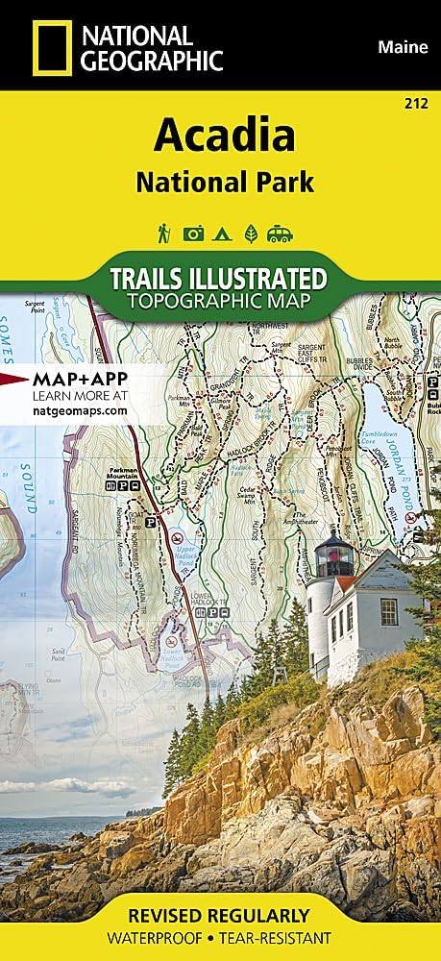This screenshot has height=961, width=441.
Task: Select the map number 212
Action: [x=418, y=102]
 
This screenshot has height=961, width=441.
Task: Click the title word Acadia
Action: [x=224, y=137]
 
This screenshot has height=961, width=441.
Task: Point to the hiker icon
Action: [x=165, y=232]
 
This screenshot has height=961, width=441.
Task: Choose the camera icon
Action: [x=193, y=233]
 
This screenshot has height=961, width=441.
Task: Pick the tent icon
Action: [x=221, y=233]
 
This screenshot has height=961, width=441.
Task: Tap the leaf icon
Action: [x=249, y=233]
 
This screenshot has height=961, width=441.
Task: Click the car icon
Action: [x=280, y=233]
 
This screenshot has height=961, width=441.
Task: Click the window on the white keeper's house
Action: [x=388, y=610]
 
